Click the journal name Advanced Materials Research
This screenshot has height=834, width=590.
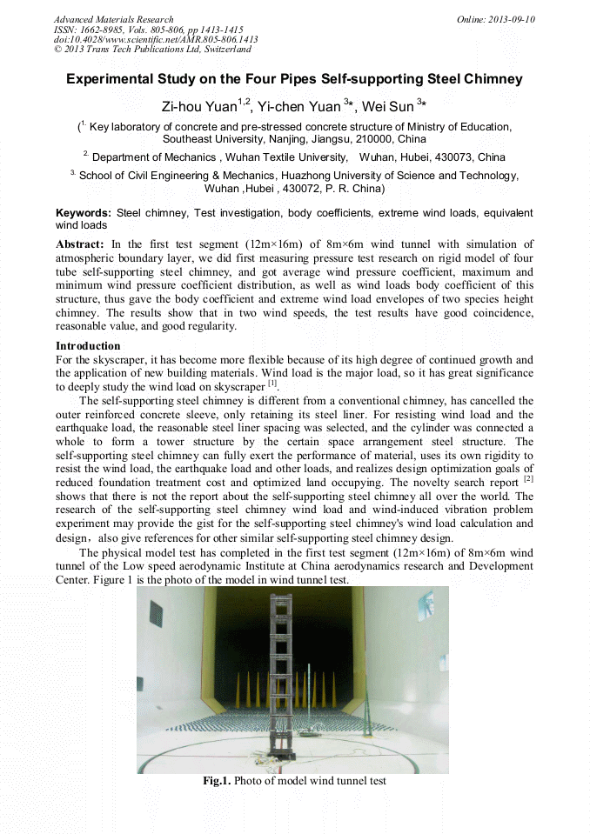113,19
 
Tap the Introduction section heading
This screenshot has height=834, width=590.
88,346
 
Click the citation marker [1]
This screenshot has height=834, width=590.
272,383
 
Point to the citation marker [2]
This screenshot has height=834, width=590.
528,478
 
